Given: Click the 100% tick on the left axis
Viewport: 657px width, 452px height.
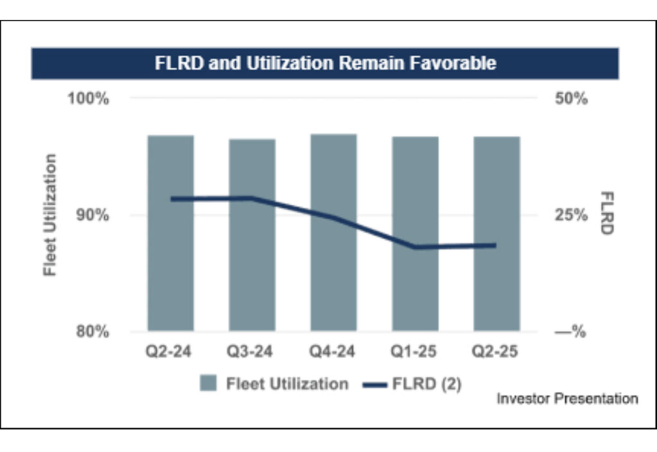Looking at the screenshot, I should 89,100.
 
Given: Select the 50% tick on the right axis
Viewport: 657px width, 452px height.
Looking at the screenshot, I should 570,100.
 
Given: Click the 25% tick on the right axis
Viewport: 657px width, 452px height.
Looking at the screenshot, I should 570,216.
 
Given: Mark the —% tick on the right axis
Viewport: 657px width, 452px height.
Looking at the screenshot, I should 570,333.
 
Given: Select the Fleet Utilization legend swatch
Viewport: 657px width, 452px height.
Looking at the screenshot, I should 209,384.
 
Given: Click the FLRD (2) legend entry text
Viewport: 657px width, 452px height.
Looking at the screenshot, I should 426,384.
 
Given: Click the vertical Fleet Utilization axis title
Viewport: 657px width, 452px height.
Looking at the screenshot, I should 50,215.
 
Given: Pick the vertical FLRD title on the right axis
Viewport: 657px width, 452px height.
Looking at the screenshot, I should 608,213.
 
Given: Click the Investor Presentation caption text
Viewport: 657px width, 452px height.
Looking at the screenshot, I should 567,399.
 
